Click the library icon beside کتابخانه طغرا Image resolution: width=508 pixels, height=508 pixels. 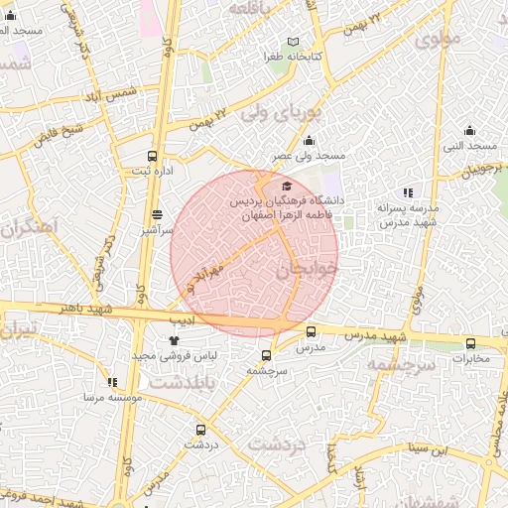point(292,42)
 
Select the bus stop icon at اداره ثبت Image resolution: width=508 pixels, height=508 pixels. point(152,156)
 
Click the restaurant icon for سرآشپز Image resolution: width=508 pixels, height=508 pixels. point(158,213)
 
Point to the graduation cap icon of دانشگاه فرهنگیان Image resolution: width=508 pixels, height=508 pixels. point(287,186)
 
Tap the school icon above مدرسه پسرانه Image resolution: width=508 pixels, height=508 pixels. point(407,192)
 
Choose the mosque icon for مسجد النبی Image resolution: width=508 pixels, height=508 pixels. point(470,131)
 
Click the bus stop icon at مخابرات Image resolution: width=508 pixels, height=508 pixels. point(470,343)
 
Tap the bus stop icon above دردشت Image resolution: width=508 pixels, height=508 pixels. point(201,430)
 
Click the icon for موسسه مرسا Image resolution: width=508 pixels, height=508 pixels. point(112,381)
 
